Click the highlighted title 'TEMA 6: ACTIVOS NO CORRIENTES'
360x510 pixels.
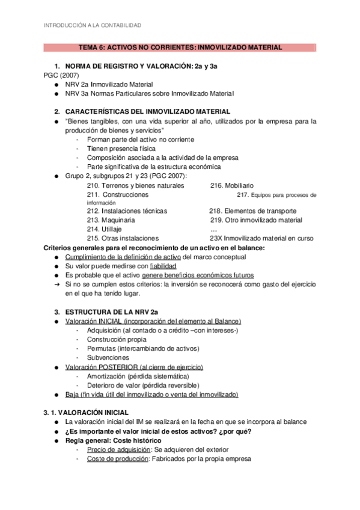coord(179,47)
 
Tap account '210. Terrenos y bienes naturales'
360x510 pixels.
coord(135,186)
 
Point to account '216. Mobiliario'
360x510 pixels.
coord(232,186)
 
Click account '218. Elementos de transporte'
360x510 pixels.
coord(252,212)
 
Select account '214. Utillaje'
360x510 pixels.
coord(104,229)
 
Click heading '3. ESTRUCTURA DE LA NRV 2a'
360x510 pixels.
coord(111,312)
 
